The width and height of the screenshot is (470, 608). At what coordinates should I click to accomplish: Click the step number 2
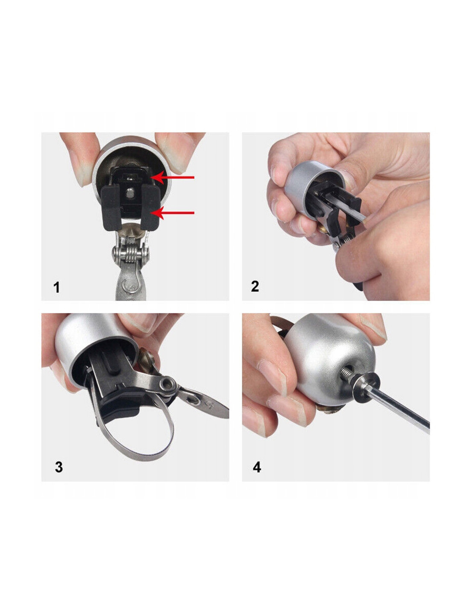click(x=255, y=286)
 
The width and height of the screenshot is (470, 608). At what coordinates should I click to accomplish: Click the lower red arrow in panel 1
click(x=173, y=213)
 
